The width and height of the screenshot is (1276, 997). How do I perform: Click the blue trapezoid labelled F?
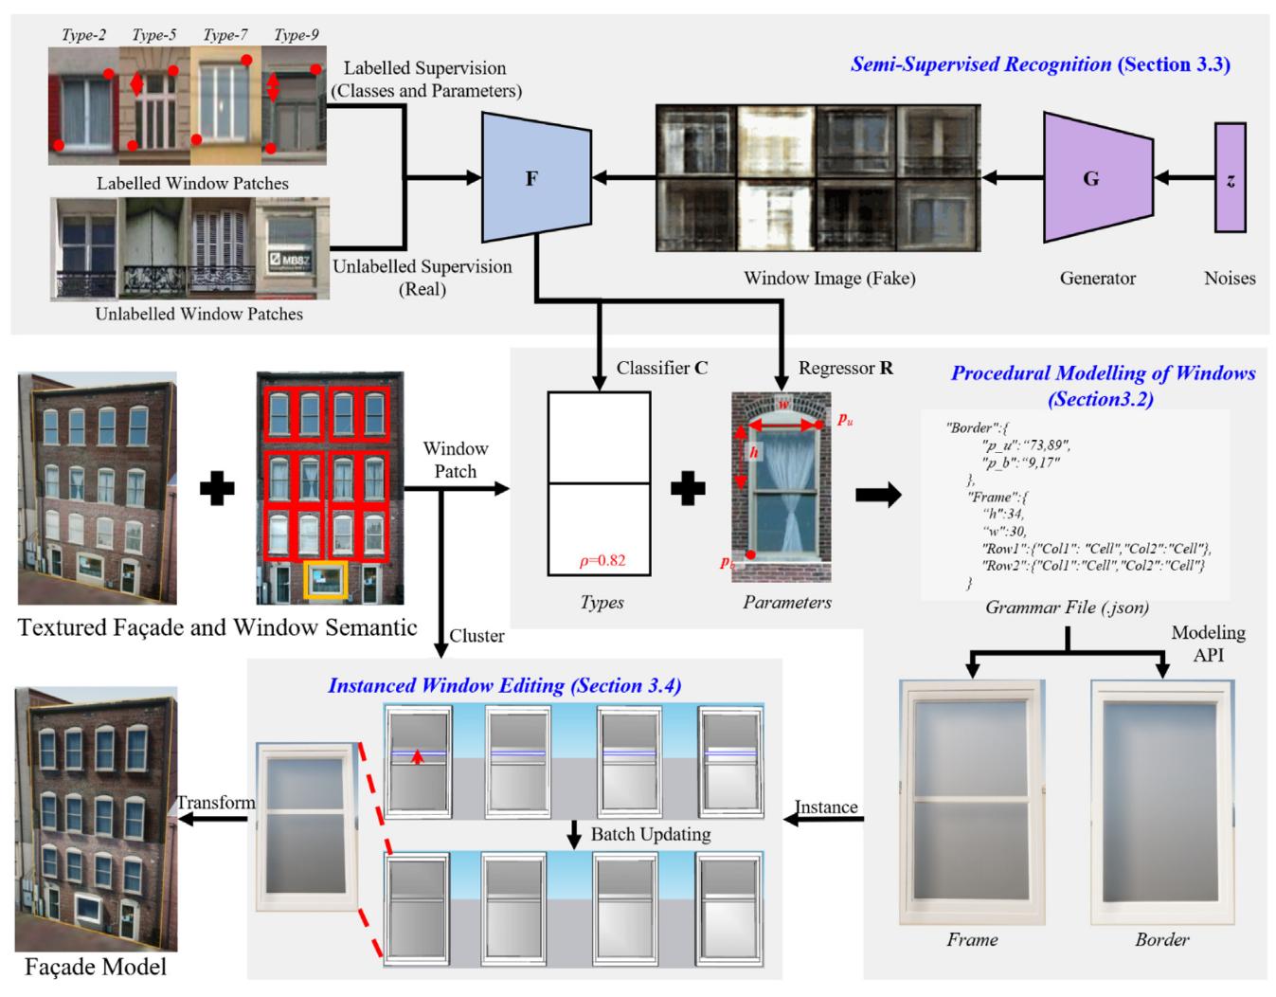530,178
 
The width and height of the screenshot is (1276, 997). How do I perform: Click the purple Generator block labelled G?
1095,178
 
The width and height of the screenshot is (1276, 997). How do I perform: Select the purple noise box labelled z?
1230,178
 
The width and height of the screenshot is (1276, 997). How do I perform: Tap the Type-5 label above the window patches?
153,35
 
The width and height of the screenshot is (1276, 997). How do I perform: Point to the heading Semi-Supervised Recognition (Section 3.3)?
1039,64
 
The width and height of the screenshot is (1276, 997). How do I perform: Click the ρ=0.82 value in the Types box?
602,560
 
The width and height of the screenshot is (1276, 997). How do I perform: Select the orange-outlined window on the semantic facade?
326,579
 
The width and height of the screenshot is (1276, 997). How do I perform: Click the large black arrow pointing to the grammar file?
877,495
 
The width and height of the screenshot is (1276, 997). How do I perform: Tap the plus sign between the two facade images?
217,489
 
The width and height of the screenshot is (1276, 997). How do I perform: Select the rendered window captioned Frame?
972,802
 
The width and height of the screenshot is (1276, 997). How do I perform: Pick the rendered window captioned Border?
1163,802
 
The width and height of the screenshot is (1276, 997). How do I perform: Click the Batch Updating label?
650,835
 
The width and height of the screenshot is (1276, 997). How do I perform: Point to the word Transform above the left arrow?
216,803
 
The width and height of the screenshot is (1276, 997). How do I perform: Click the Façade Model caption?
95,967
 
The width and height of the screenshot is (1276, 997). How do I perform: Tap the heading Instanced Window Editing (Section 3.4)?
504,685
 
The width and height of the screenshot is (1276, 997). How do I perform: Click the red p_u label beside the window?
845,418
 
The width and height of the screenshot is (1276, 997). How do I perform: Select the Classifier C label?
661,368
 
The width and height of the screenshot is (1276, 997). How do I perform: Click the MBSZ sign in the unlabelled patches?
292,259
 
